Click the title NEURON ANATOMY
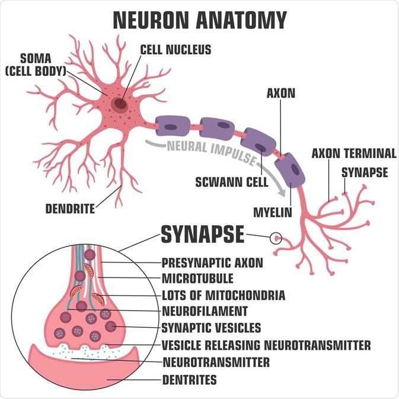[200, 20]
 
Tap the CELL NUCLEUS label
[175, 50]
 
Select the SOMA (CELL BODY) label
[36, 65]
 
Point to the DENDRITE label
[70, 209]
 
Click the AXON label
[281, 93]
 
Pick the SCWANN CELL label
[232, 182]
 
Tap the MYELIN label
[273, 212]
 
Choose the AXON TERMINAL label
[354, 154]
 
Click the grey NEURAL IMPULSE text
[212, 152]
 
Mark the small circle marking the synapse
[276, 238]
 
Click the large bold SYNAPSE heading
[203, 234]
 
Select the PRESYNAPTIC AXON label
[212, 263]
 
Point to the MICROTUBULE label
[197, 279]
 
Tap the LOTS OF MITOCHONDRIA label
[224, 295]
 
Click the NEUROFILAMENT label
[205, 311]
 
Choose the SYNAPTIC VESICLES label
[212, 328]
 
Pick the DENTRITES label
[190, 380]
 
